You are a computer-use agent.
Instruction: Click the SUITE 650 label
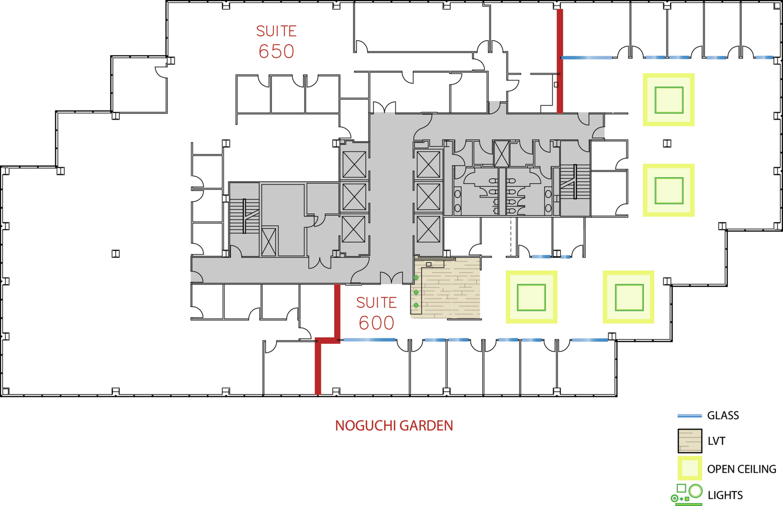276,42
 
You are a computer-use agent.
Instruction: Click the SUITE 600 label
376,314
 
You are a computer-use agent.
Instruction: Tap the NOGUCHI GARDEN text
394,426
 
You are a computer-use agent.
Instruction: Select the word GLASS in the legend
723,416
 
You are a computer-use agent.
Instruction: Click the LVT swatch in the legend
689,441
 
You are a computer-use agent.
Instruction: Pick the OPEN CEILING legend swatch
689,469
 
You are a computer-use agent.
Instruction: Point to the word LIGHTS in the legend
725,495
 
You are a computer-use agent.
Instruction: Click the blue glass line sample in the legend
689,416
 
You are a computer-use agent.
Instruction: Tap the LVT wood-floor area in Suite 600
446,288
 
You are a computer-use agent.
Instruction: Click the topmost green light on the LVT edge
416,278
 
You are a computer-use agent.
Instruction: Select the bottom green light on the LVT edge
416,305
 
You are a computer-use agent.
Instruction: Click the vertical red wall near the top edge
560,61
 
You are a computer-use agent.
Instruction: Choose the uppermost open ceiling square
669,100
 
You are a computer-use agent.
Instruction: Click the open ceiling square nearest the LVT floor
531,297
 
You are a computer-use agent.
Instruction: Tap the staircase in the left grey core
244,216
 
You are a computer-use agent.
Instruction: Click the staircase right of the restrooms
575,181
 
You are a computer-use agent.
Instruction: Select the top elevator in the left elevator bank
354,164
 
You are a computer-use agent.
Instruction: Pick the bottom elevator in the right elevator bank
428,229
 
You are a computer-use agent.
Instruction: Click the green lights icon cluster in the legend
687,495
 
